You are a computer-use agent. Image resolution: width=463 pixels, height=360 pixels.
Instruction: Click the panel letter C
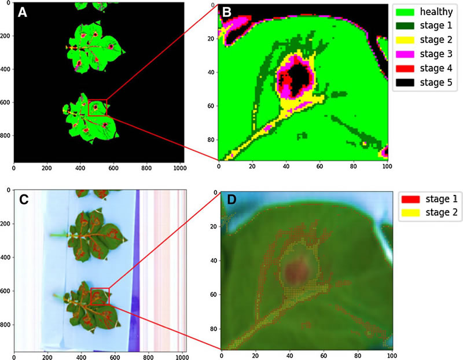[23, 200]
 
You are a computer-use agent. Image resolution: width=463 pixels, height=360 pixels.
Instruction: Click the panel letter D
[230, 200]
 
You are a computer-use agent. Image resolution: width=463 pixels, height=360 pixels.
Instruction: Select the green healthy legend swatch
[405, 12]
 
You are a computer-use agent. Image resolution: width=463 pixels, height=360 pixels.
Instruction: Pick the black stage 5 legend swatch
[405, 84]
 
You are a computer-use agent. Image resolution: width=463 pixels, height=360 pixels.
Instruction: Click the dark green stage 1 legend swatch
[405, 26]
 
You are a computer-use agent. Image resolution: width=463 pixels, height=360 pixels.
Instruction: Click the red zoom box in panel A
[97, 108]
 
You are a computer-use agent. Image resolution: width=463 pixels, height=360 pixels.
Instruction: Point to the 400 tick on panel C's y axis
[6, 257]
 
